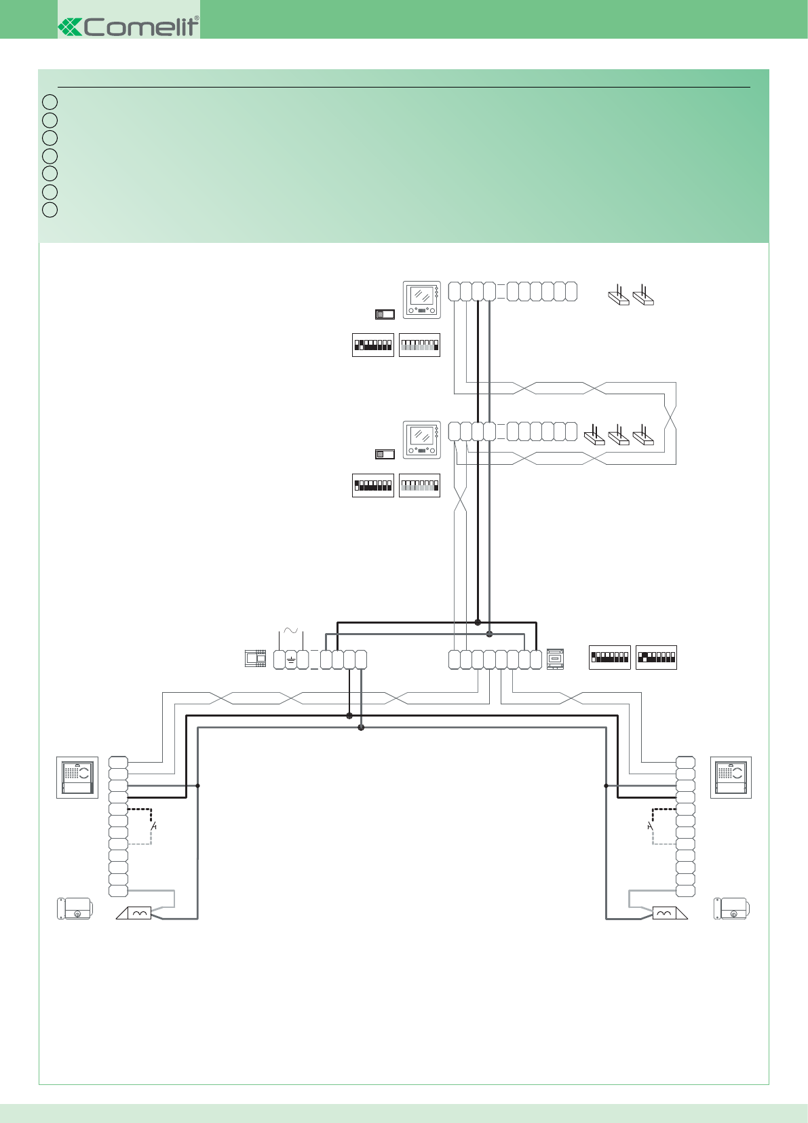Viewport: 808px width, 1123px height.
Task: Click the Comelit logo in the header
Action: [x=129, y=26]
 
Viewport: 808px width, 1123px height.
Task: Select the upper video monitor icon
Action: [x=422, y=300]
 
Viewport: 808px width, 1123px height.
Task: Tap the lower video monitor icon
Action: [x=422, y=440]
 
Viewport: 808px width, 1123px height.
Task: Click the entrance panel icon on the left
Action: [x=77, y=777]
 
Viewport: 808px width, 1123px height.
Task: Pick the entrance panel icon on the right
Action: [x=731, y=777]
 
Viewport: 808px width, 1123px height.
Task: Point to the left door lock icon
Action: [x=75, y=909]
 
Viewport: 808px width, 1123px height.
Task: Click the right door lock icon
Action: [x=731, y=909]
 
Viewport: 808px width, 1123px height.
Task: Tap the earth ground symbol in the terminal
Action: [x=291, y=660]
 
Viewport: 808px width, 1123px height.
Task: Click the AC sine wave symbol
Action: [x=290, y=631]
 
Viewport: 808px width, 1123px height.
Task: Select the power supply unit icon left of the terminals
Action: [x=256, y=658]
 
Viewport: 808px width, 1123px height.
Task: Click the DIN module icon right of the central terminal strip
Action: [x=555, y=659]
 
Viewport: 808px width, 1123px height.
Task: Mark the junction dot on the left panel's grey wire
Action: [x=197, y=786]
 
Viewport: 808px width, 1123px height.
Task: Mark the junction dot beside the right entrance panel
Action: [x=607, y=786]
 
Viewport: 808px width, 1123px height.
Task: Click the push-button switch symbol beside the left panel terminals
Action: [x=153, y=826]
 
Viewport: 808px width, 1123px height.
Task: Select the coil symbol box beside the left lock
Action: [x=139, y=913]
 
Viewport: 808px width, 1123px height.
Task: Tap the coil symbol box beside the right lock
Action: [x=664, y=913]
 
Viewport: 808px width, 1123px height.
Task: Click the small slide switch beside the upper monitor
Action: [x=385, y=314]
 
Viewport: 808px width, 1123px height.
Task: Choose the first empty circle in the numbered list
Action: [x=50, y=102]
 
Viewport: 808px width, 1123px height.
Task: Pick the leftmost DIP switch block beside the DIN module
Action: [x=609, y=658]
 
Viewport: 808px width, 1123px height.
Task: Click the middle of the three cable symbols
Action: [x=619, y=435]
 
